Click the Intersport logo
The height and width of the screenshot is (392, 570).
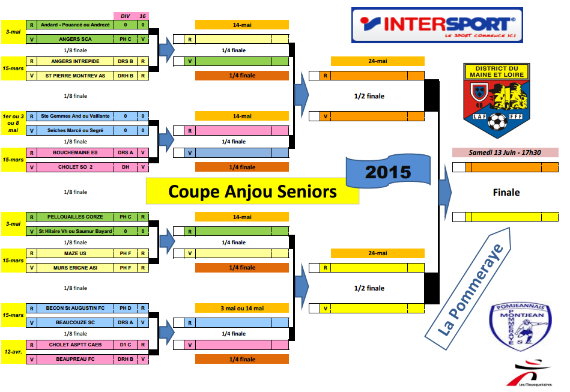[437, 25]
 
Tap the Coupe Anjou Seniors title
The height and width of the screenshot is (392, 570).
[252, 191]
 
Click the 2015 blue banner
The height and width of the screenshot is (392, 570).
[388, 172]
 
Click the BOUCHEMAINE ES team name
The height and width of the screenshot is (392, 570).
[74, 152]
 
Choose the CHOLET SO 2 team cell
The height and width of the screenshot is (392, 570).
[74, 167]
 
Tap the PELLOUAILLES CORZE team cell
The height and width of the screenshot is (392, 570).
[74, 217]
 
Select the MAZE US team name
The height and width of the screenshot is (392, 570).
[74, 253]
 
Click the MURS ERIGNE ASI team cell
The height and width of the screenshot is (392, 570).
[74, 268]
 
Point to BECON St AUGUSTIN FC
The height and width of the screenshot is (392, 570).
[74, 308]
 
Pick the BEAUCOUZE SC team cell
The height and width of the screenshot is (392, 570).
[74, 322]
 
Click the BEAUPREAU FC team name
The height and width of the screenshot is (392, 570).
[74, 360]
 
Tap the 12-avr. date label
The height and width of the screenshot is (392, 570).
[13, 352]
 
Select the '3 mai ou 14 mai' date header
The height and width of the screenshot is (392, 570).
[241, 308]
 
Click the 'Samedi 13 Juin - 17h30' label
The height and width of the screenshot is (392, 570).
[505, 152]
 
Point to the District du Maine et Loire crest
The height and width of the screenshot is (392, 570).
[496, 100]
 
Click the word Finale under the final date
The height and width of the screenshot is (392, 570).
[506, 193]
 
